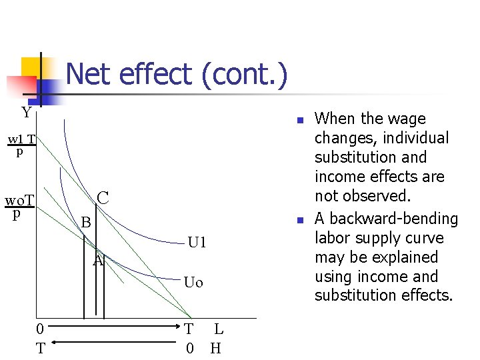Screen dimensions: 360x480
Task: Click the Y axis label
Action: (26, 112)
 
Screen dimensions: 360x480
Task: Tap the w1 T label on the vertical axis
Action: (22, 140)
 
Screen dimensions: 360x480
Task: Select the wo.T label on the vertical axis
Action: (20, 201)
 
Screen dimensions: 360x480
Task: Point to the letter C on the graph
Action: (103, 197)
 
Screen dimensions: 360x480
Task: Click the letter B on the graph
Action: (85, 222)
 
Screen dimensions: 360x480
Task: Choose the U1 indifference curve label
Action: (197, 242)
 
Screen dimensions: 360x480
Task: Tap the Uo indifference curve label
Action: (193, 282)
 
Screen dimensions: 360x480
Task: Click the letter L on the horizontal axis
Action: (219, 329)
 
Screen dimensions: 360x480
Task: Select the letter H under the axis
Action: (216, 348)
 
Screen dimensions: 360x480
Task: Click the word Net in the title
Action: (92, 75)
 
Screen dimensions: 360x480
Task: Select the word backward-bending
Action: (395, 219)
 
